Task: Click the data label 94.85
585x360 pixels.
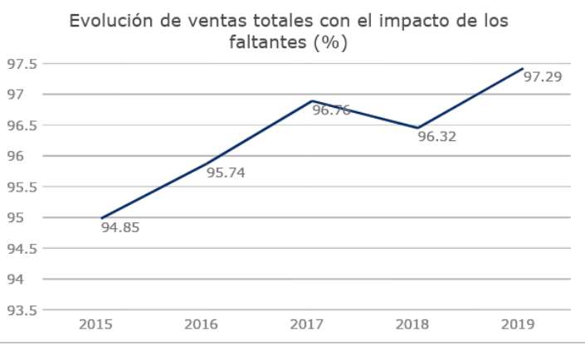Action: (x=120, y=226)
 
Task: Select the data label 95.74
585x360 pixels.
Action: (x=226, y=173)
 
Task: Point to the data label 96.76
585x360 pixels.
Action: (x=331, y=109)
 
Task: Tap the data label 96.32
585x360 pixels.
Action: (x=436, y=136)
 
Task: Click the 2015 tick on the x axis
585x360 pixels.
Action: (x=95, y=324)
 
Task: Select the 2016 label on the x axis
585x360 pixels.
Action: (x=201, y=324)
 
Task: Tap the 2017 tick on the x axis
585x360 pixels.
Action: (x=307, y=324)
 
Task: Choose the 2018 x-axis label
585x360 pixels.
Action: (x=412, y=324)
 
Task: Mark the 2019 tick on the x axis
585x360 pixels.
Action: (x=518, y=324)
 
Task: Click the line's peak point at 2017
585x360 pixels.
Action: (x=312, y=101)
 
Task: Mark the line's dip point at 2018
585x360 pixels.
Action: (x=417, y=128)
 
